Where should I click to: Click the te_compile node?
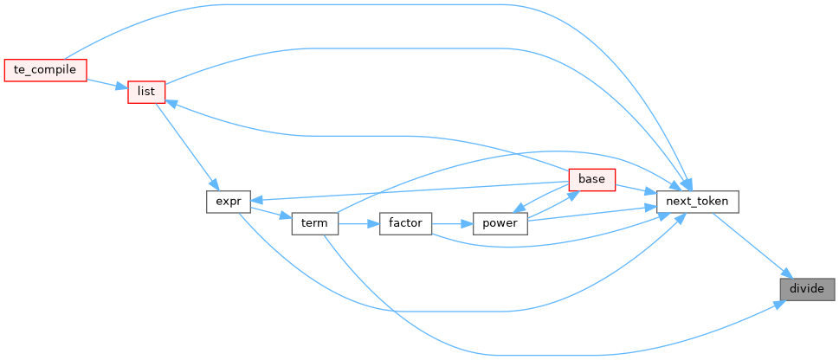click(46, 70)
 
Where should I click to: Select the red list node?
click(146, 92)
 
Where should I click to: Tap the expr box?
click(229, 202)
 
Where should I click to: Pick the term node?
click(314, 223)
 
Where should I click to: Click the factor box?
click(405, 223)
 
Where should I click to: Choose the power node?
click(500, 223)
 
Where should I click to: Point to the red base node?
click(591, 180)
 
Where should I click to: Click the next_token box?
click(698, 202)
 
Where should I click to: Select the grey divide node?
click(808, 289)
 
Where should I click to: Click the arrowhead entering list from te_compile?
click(122, 86)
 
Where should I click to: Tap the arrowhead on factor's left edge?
click(373, 223)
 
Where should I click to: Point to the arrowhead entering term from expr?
click(286, 217)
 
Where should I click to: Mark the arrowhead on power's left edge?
click(468, 223)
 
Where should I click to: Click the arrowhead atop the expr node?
click(214, 184)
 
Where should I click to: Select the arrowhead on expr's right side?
click(256, 200)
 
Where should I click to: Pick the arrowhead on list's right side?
click(171, 102)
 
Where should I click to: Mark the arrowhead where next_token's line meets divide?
click(787, 273)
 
